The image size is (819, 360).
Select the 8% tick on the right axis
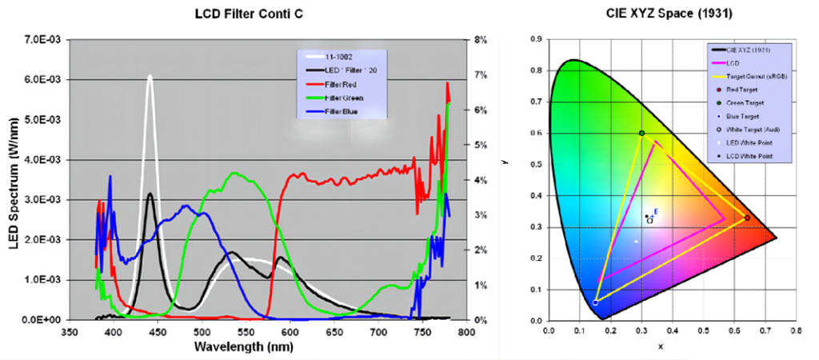pyautogui.click(x=481, y=39)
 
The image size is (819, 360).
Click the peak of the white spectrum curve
pyautogui.click(x=150, y=75)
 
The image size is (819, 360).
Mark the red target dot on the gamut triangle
pyautogui.click(x=747, y=218)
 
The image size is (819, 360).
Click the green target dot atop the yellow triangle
pyautogui.click(x=641, y=133)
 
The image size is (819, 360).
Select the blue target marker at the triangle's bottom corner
pyautogui.click(x=595, y=302)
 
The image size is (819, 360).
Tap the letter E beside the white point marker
pyautogui.click(x=656, y=211)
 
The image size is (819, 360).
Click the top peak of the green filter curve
pyautogui.click(x=234, y=173)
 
